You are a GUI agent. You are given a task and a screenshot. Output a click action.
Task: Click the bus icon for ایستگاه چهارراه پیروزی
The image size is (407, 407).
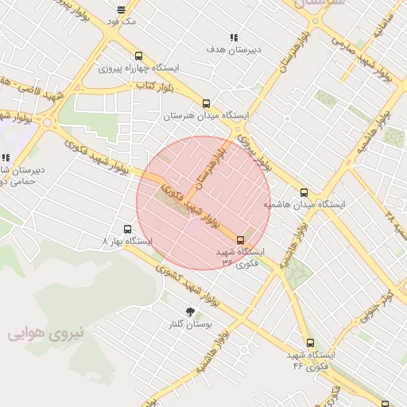139,56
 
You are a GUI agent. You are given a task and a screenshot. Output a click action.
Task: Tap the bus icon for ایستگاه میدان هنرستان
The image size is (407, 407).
207,103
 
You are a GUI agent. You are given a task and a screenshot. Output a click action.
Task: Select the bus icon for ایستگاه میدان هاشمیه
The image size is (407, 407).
304,192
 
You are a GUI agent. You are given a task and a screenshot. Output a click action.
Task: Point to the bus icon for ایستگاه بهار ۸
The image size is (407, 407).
127,228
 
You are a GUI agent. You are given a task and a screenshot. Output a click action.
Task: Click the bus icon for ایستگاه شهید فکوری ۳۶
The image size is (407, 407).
241,239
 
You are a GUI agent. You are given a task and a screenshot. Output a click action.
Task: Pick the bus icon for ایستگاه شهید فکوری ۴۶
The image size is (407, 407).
310,343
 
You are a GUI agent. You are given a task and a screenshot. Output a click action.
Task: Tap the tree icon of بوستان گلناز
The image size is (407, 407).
189,312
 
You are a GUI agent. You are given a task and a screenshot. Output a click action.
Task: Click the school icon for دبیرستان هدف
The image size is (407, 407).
234,37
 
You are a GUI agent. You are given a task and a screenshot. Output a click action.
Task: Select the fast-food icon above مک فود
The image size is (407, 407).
121,10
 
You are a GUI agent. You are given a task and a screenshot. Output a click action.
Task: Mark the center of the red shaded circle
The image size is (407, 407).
203,203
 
